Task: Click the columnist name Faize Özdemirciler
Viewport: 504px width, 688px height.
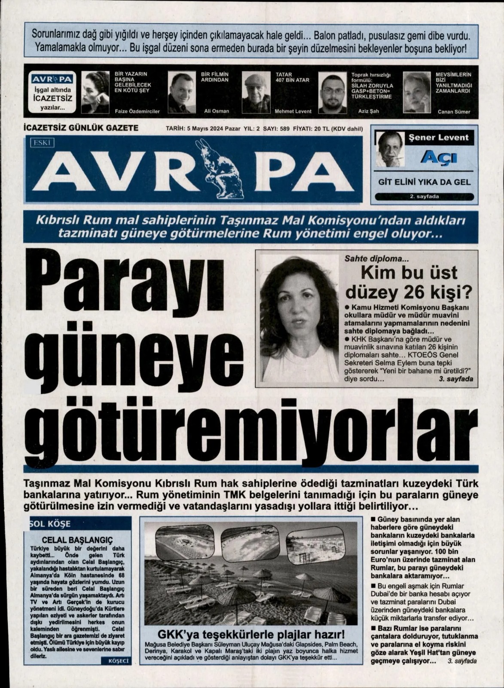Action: tap(137, 111)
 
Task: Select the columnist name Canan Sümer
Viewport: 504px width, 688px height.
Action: tap(454, 112)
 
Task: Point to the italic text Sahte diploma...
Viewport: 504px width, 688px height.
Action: tap(370, 259)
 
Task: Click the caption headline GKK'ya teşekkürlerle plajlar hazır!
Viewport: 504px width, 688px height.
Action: tap(251, 635)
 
